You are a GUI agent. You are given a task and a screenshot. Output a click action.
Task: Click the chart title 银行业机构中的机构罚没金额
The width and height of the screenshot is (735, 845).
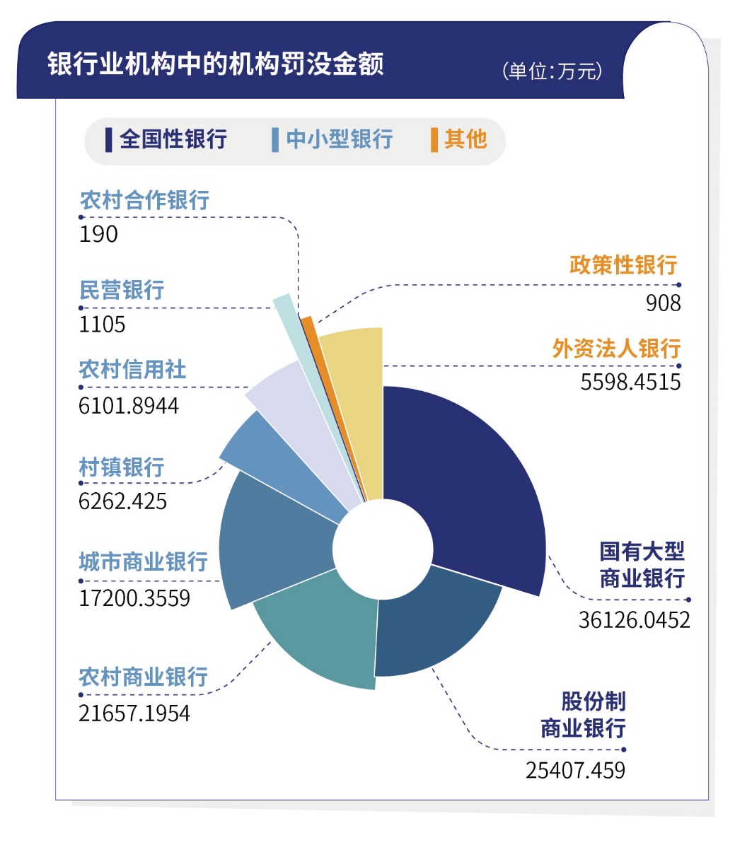216,64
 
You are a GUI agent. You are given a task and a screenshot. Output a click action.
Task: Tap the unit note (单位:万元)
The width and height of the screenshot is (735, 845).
552,71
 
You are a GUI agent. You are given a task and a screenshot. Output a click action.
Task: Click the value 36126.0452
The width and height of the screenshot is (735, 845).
634,620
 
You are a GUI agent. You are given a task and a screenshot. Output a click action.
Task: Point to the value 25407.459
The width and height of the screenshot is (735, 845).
575,770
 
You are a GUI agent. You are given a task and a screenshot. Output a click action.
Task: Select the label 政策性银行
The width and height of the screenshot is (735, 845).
623,265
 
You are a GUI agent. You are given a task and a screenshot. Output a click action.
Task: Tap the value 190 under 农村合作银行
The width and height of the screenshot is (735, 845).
99,234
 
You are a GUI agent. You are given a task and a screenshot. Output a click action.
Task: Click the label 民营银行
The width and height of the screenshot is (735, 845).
122,290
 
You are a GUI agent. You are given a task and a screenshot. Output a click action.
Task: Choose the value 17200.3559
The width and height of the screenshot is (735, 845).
134,598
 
